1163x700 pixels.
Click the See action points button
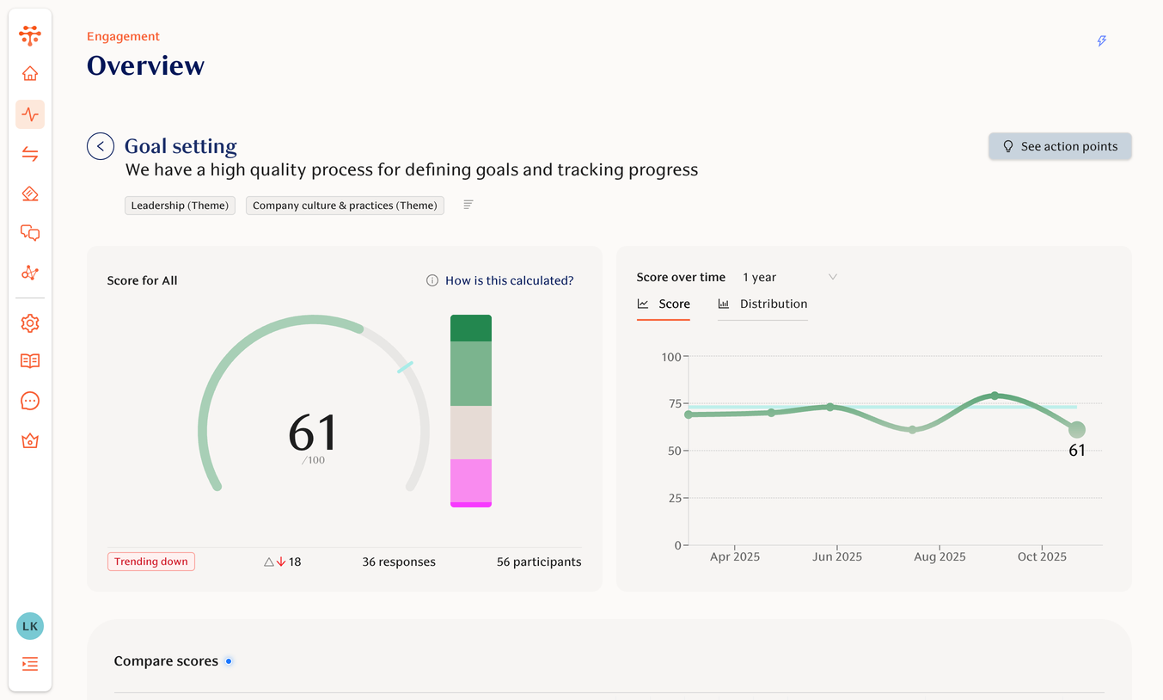coord(1060,146)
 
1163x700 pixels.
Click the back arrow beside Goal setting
coord(101,146)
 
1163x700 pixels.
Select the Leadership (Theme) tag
coord(180,206)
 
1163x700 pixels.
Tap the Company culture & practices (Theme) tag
coord(345,206)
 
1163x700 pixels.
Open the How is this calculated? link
coord(509,280)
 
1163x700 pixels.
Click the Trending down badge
coord(151,562)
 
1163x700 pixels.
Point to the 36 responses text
coord(399,562)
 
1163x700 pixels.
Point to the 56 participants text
coord(539,562)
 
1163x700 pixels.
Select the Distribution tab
coord(762,304)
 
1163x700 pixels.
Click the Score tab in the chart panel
coord(664,304)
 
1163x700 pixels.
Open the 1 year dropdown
coord(789,277)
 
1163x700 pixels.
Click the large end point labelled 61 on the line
coord(1076,429)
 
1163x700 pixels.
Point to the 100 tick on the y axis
coord(670,357)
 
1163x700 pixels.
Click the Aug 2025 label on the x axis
coord(940,556)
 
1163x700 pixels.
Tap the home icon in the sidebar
coord(30,74)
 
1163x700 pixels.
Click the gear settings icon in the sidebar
coord(30,323)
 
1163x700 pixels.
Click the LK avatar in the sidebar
coord(30,626)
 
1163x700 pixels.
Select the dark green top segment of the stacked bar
coord(471,328)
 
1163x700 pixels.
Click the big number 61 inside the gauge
coord(313,433)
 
